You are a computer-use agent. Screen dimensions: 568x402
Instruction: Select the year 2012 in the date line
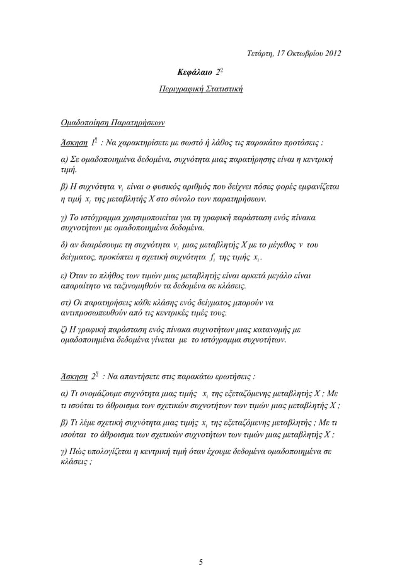coord(329,52)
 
